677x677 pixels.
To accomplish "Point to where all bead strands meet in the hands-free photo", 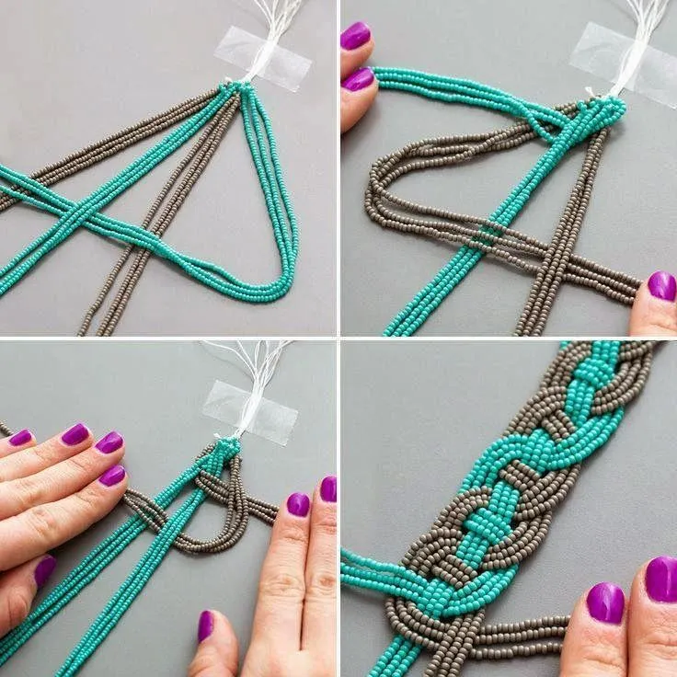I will (237, 86).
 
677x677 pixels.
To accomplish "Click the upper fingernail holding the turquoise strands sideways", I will (355, 36).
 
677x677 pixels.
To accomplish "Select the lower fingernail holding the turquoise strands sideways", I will (357, 79).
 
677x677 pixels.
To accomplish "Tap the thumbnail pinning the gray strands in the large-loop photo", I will (661, 286).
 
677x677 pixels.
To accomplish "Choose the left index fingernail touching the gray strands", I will (112, 475).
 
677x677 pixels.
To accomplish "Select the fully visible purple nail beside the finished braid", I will (605, 603).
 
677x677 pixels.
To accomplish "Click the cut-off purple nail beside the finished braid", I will (662, 579).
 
